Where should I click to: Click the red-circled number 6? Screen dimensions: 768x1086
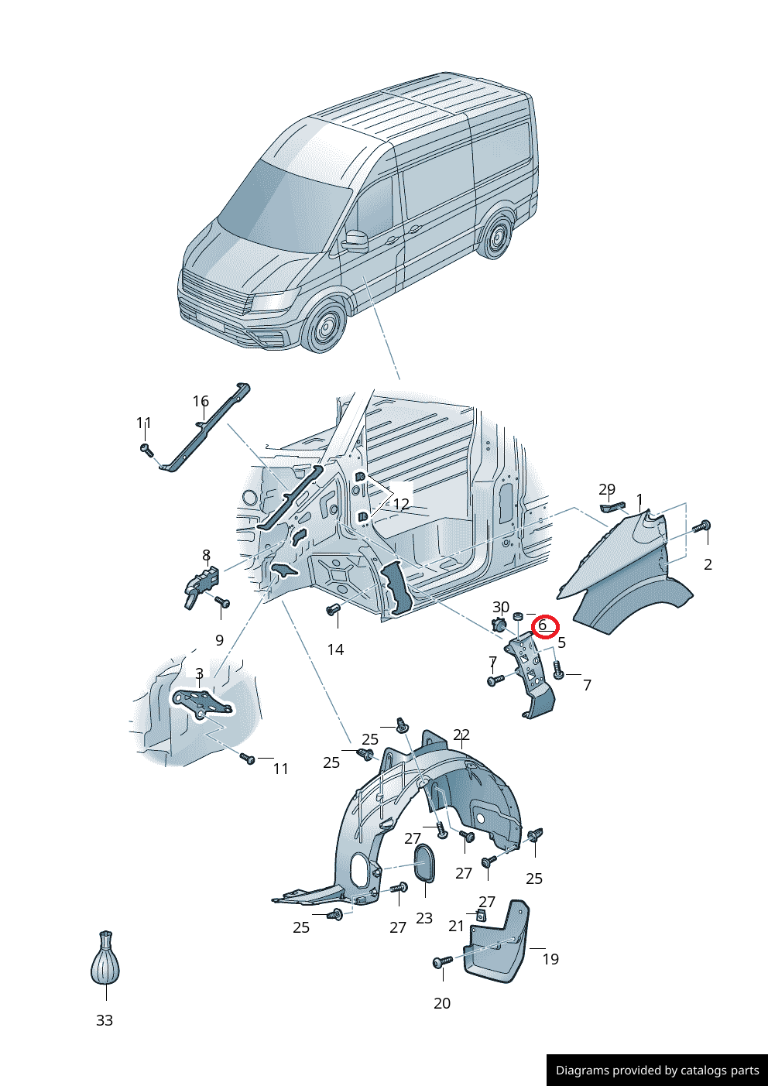[x=543, y=625]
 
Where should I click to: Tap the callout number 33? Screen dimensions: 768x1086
[x=105, y=1020]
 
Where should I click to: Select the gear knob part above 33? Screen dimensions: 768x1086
[x=105, y=958]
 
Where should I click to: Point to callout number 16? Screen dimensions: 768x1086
[x=201, y=401]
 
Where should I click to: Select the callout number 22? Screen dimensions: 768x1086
[x=461, y=735]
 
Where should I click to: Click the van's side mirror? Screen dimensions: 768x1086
[x=355, y=239]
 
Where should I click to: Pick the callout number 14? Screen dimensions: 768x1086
[x=335, y=649]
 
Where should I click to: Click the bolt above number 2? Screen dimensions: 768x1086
[x=704, y=526]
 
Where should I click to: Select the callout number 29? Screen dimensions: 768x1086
[x=607, y=489]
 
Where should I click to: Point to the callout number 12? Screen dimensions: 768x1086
[x=401, y=504]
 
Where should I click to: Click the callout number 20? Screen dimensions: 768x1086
[x=442, y=1003]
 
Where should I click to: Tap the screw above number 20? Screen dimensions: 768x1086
[x=442, y=961]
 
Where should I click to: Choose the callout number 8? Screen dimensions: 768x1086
[x=207, y=555]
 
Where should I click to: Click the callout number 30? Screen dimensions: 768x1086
[x=501, y=607]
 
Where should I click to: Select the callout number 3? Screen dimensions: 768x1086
[x=199, y=673]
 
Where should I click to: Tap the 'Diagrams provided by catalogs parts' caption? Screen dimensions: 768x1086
[x=657, y=1070]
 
